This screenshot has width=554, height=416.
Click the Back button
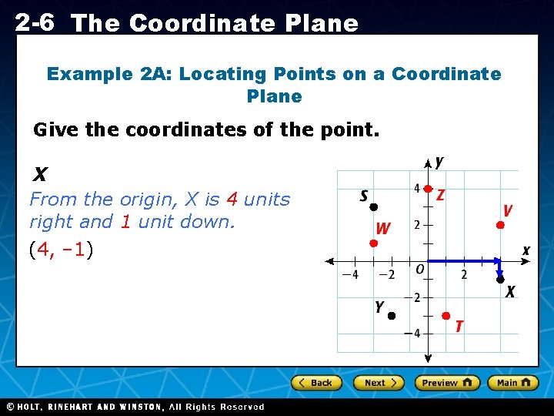click(315, 383)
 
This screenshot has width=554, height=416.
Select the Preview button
click(447, 383)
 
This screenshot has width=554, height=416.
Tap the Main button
click(513, 383)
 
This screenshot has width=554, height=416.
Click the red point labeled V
click(499, 225)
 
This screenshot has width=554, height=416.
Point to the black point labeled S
click(372, 207)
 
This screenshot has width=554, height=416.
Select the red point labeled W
click(372, 243)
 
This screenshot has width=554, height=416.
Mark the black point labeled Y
click(391, 316)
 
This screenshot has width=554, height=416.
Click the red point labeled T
click(446, 316)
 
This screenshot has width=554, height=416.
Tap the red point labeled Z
click(428, 189)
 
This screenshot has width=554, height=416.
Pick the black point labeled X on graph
click(499, 279)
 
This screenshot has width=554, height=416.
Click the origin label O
click(419, 270)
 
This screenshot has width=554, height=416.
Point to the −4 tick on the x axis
click(351, 274)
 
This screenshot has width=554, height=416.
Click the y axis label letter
click(439, 162)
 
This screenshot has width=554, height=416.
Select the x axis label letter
click(526, 250)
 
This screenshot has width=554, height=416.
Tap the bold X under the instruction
click(40, 176)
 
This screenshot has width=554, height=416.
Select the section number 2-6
click(34, 22)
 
